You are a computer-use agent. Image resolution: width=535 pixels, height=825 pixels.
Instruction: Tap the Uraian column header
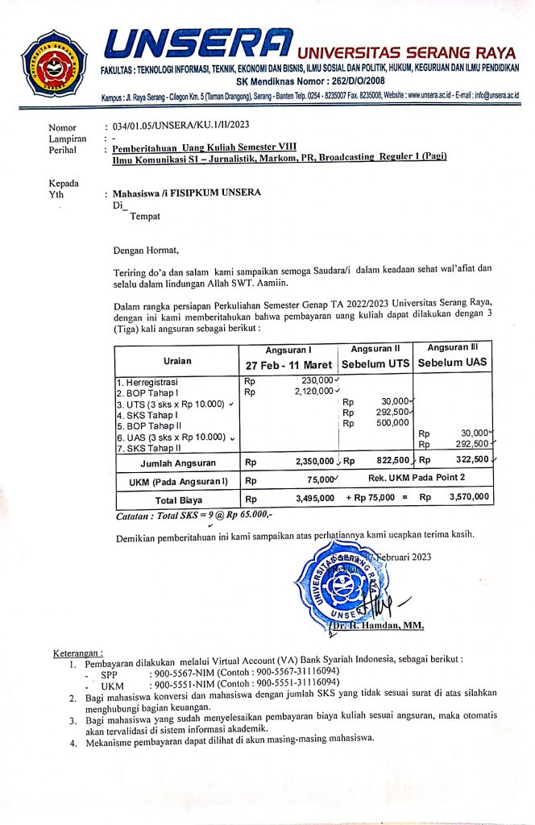176,361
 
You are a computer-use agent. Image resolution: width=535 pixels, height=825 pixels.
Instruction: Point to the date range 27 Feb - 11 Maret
288,363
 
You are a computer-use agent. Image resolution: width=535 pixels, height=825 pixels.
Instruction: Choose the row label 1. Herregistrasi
150,381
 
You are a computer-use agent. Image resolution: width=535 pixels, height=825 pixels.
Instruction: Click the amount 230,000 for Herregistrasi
317,380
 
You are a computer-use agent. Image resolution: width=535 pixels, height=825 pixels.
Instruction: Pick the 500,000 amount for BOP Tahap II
392,423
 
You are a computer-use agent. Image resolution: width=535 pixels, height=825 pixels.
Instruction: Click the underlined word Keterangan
78,652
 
